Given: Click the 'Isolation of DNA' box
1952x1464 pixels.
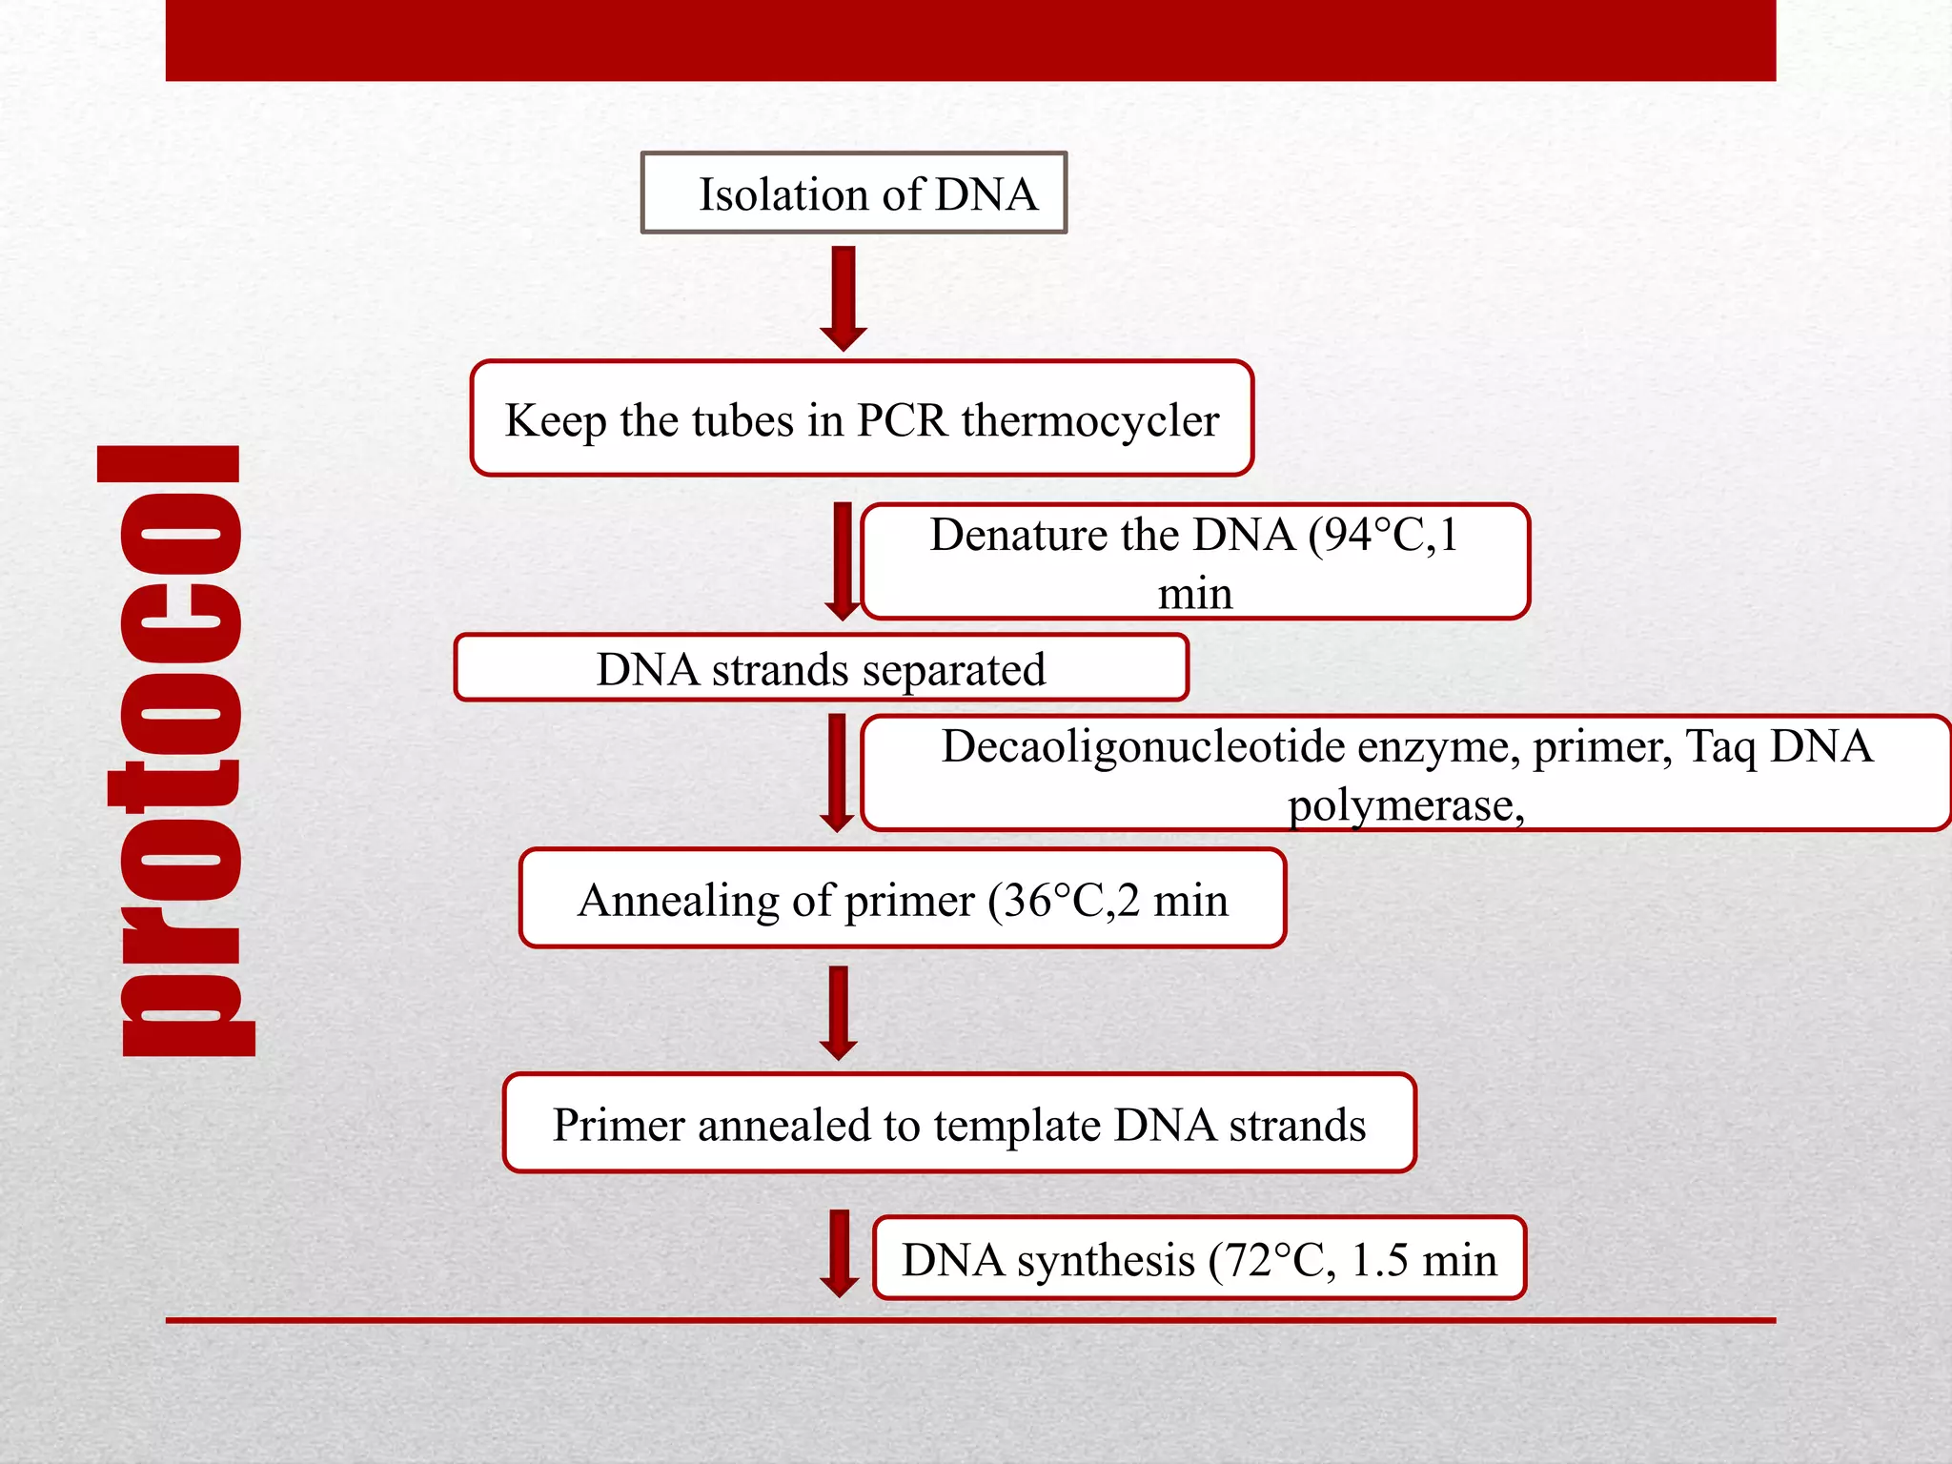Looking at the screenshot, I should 853,193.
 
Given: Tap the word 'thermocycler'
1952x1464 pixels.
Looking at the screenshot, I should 1089,420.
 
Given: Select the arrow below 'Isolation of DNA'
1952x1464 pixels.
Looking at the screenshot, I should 844,298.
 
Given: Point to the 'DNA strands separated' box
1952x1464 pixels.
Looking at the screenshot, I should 821,668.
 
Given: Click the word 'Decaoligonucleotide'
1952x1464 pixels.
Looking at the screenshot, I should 1143,746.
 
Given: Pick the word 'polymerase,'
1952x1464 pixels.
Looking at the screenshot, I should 1405,805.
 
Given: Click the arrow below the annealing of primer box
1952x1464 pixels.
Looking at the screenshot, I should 839,1013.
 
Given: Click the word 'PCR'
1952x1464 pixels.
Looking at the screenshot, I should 902,420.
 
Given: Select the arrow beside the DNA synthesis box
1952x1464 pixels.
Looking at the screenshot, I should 840,1253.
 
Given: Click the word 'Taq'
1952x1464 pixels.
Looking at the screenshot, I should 1720,746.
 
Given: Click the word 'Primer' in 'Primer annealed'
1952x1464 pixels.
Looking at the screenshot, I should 619,1126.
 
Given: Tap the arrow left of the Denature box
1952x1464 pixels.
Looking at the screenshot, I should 843,561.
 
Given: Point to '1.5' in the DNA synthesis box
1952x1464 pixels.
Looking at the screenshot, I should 1379,1261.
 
